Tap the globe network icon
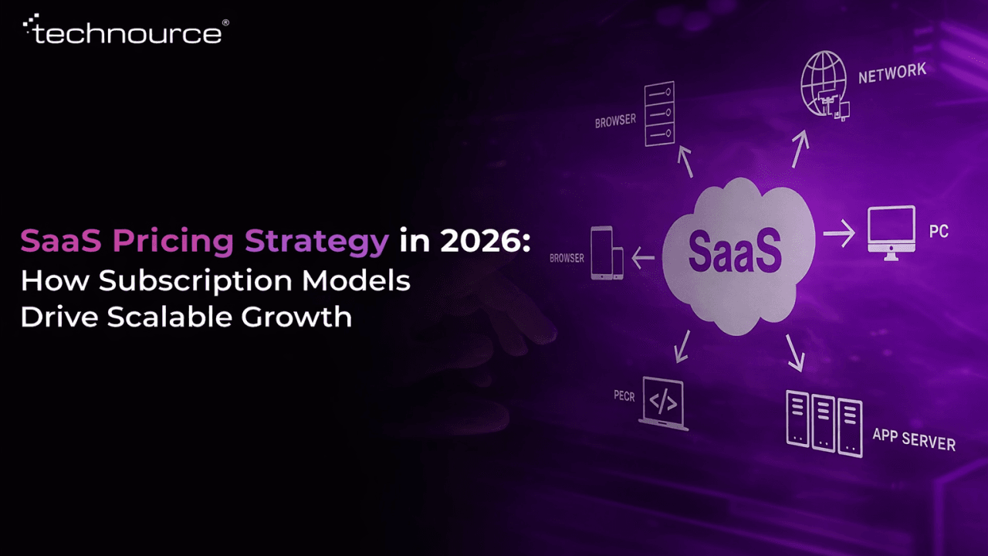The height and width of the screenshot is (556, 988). click(x=824, y=86)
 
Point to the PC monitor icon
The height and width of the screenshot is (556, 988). click(x=891, y=229)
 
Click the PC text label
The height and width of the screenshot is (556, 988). click(x=939, y=231)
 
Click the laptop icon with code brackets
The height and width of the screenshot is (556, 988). click(x=662, y=402)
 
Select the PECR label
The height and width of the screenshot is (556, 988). click(x=624, y=395)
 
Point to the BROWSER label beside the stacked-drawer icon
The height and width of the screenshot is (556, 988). click(x=615, y=121)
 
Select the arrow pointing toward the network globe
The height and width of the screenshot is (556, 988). click(x=800, y=148)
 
